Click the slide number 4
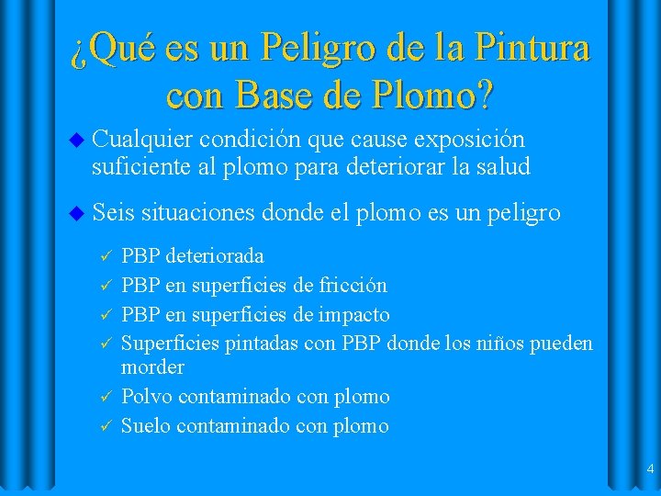pos(650,469)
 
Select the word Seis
pos(113,212)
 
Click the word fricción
pos(352,285)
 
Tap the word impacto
pos(353,315)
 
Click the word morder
pos(152,367)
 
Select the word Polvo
pos(147,397)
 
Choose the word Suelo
pos(147,426)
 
